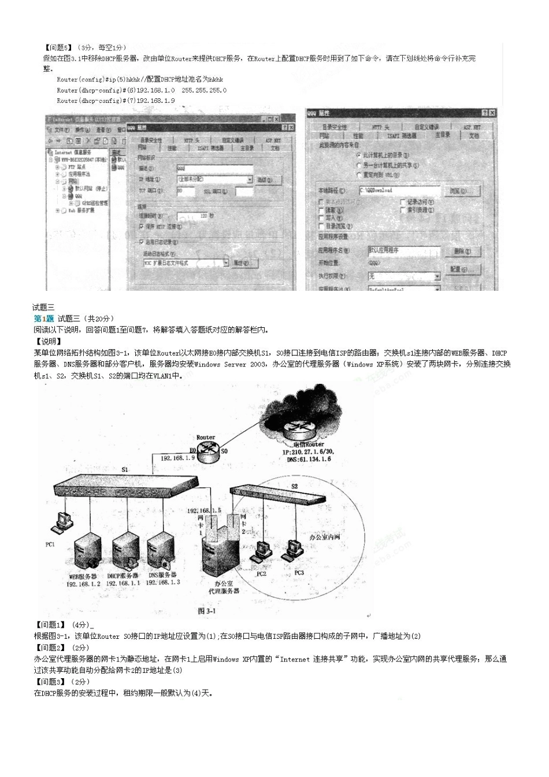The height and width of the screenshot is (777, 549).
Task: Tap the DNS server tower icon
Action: tap(160, 551)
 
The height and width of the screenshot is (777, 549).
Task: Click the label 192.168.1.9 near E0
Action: tap(177, 458)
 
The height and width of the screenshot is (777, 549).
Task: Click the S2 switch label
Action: tap(294, 486)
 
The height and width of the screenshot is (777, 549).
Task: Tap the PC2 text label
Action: tap(261, 574)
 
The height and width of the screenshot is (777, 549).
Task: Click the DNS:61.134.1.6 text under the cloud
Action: tap(309, 459)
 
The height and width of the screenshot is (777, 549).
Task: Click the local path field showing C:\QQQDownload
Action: tap(399, 190)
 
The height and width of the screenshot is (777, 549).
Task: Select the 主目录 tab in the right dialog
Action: tap(442, 135)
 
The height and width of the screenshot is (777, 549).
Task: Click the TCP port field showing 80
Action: tap(186, 191)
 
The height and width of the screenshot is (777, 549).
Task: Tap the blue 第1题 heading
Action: tap(44, 319)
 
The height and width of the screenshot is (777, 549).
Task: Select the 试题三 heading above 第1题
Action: tap(43, 308)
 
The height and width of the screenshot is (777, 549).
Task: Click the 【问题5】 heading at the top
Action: tap(58, 47)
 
